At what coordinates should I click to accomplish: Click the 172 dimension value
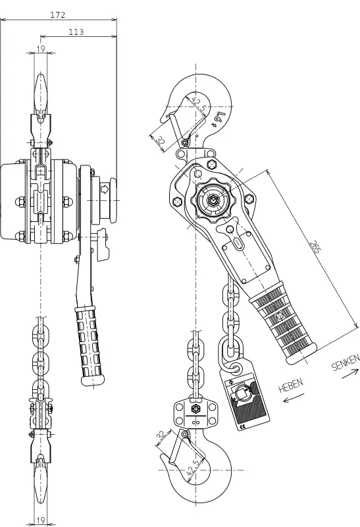pos(58,14)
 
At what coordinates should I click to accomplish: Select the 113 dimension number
pos(76,32)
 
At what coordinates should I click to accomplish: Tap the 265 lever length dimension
pos(315,246)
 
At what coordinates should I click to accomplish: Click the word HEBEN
pos(291,385)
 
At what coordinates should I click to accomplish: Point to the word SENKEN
pos(346,362)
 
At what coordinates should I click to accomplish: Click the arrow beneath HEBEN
pos(294,397)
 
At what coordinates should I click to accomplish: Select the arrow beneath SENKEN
pos(350,374)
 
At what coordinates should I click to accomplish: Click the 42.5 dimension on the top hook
pos(199,104)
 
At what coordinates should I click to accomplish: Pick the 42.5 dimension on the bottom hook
pos(195,467)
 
